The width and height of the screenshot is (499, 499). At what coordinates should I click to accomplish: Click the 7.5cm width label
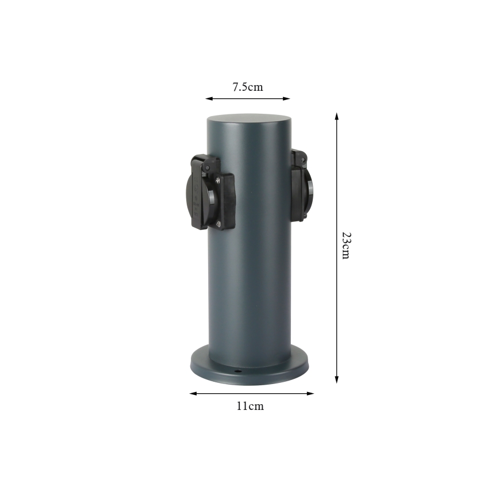247,87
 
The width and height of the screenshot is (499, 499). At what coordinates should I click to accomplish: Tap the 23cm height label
345,245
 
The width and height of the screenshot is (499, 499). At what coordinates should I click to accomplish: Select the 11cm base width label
250,406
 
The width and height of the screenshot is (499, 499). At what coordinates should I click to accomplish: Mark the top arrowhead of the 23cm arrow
337,116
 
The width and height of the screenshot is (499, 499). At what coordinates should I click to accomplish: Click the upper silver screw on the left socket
218,181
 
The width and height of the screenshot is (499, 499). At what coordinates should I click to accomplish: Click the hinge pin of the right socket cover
299,155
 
